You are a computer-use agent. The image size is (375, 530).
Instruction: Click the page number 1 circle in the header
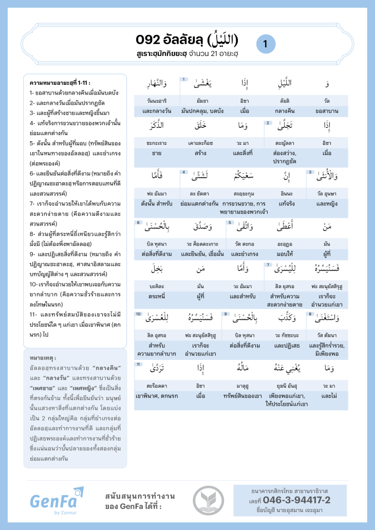point(265,44)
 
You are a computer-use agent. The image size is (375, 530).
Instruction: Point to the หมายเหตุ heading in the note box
point(43,357)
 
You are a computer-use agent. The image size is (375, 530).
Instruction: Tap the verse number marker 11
point(138,364)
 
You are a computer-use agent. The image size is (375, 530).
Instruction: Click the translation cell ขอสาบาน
point(326,110)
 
